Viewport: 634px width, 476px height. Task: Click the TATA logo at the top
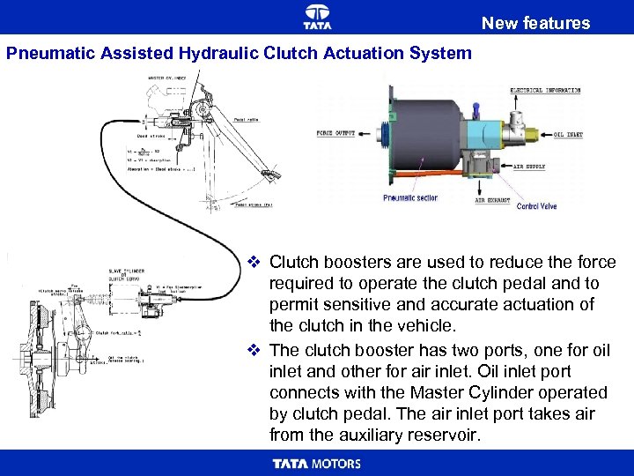click(317, 15)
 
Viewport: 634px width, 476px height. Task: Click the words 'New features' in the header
click(535, 23)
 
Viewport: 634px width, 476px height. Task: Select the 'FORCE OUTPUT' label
click(335, 134)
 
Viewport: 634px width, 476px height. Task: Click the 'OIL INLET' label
click(569, 135)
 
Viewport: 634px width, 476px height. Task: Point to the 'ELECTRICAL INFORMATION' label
click(545, 91)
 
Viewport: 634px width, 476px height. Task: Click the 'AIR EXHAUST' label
click(493, 200)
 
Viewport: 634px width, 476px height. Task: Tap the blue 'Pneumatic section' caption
click(410, 198)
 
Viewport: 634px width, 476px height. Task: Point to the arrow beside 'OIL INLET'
click(545, 135)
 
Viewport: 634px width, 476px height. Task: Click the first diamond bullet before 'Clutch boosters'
click(253, 262)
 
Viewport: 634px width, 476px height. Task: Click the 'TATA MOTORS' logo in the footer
click(317, 464)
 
